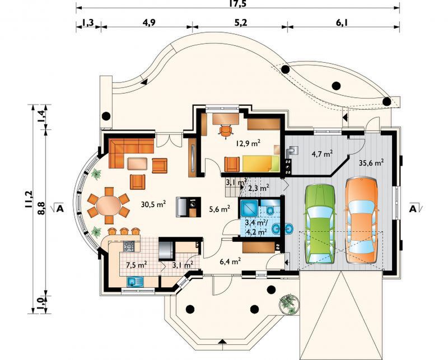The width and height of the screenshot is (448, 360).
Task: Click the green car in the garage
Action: [x=320, y=224]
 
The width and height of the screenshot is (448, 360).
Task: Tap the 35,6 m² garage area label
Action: [x=371, y=163]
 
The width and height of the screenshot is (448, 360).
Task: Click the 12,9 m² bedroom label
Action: [x=248, y=143]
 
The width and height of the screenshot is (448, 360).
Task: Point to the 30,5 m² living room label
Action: [x=153, y=204]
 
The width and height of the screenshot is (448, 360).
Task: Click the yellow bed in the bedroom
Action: [x=260, y=163]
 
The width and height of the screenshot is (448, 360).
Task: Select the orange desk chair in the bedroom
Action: [x=226, y=132]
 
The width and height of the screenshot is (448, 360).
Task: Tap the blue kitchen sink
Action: [x=135, y=282]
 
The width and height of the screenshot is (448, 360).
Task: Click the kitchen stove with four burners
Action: [x=129, y=246]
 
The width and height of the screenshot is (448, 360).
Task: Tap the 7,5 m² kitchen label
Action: [x=137, y=264]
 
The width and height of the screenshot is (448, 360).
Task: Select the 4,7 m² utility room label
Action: [x=322, y=155]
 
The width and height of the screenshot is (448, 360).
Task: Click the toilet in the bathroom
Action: [x=270, y=211]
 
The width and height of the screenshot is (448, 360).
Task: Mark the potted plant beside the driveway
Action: [x=288, y=304]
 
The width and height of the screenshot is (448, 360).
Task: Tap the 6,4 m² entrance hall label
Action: [x=230, y=261]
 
